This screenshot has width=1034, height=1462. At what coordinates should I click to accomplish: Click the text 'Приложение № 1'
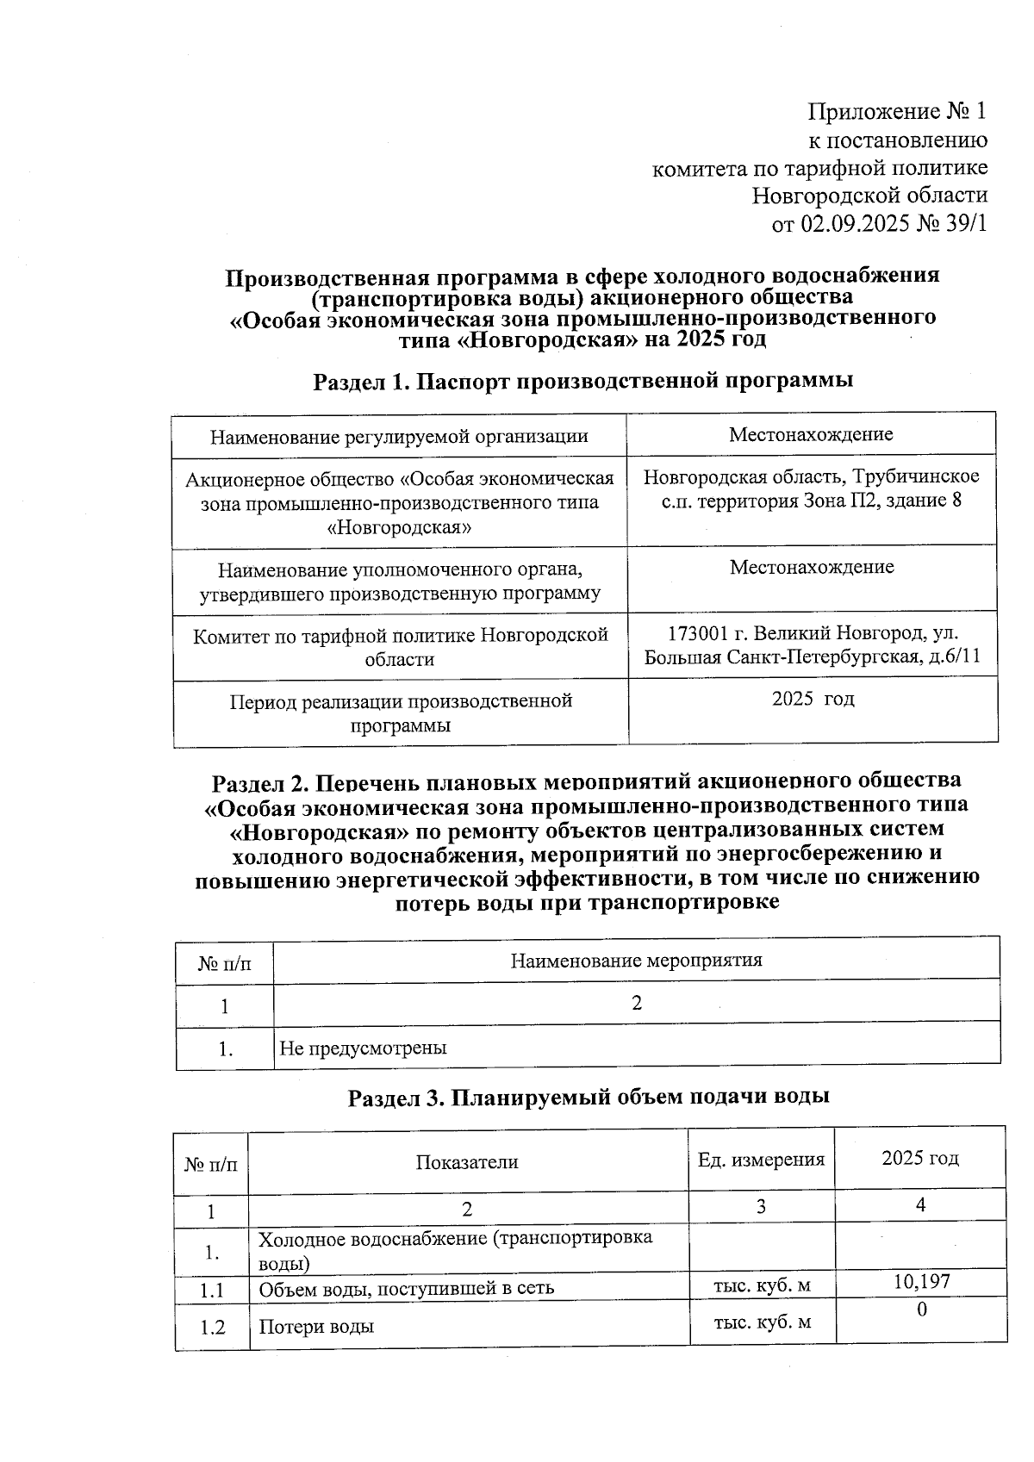click(896, 111)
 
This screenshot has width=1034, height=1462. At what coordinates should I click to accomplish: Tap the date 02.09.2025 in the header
click(850, 224)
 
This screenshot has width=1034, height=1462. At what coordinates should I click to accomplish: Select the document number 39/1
click(962, 224)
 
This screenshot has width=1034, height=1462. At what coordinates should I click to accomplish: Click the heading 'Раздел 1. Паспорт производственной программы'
click(582, 381)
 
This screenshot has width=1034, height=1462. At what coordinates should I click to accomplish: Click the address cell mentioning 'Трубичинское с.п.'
click(811, 488)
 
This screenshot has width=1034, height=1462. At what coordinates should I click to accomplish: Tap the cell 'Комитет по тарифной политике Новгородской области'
click(400, 647)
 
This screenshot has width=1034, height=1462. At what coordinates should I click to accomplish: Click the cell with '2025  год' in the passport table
click(813, 699)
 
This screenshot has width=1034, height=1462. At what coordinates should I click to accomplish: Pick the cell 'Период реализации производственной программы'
click(401, 712)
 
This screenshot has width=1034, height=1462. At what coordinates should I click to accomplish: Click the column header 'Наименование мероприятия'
click(636, 960)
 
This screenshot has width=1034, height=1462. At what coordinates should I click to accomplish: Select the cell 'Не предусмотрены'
click(363, 1048)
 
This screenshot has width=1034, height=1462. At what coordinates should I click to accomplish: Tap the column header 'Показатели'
click(467, 1161)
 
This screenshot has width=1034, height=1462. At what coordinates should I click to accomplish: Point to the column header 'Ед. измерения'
click(760, 1160)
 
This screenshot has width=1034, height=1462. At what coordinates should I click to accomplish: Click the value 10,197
click(921, 1281)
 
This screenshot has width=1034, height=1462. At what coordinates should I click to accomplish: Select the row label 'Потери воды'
click(316, 1327)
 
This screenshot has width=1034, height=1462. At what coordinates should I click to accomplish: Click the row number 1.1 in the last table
click(212, 1291)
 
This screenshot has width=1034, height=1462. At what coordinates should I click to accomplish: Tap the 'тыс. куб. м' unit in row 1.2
click(762, 1322)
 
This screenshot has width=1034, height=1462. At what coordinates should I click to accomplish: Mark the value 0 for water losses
click(921, 1310)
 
